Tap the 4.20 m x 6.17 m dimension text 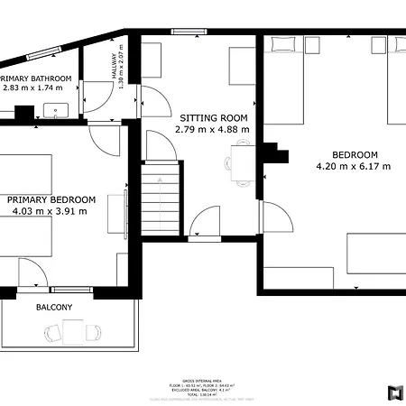[354, 166]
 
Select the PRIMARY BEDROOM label [51, 199]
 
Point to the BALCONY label [54, 308]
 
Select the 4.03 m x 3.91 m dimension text [51, 211]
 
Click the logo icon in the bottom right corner [393, 392]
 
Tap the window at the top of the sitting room [189, 32]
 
